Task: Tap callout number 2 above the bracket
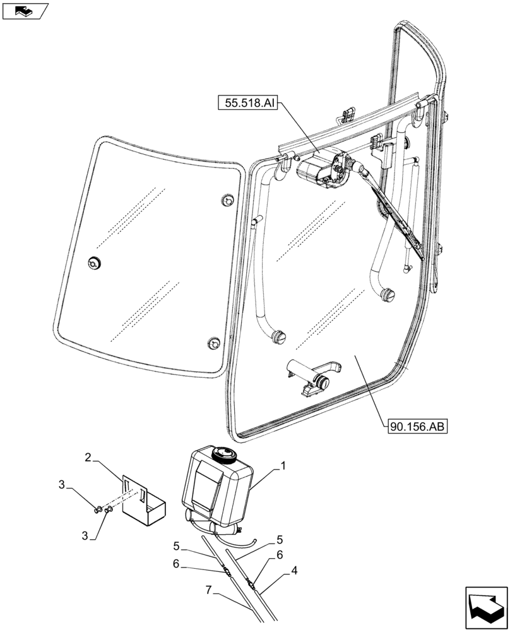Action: coord(89,456)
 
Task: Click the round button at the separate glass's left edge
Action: coord(96,262)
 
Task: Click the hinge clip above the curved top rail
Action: coord(345,115)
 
